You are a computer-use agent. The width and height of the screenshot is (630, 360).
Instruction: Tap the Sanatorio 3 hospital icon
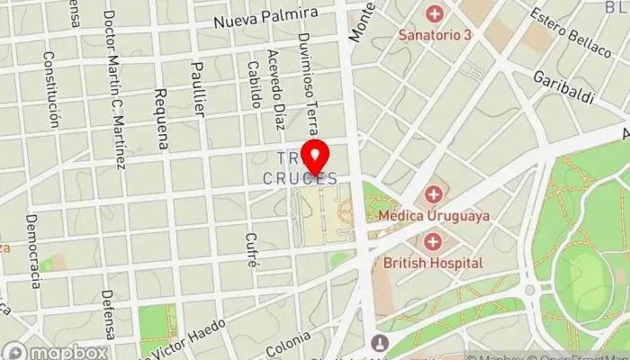[x=435, y=14]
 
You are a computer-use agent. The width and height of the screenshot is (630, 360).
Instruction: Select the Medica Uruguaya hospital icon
[x=434, y=193]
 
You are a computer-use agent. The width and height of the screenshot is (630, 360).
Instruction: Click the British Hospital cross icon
[x=434, y=241]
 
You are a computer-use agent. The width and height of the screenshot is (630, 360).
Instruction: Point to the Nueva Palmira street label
[x=266, y=15]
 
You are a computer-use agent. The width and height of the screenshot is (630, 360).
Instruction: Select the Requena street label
[x=161, y=117]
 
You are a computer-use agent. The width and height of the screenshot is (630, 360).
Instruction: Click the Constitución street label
[x=51, y=88]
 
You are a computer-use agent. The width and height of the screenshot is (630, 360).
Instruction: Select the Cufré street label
[x=252, y=250]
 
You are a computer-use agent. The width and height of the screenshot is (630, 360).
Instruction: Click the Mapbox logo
[x=56, y=351]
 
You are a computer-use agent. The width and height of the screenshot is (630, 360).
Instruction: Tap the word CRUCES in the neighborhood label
[x=301, y=179]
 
